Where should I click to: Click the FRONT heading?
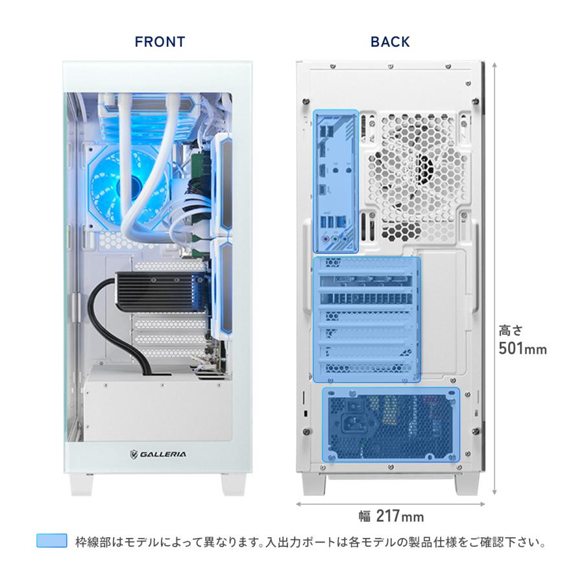pos(160,42)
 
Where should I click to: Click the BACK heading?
pos(390,42)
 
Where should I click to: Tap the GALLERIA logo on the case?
pos(157,454)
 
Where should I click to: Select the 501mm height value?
pos(522,349)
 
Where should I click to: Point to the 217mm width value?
pos(400,517)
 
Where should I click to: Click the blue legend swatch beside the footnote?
pos(52,541)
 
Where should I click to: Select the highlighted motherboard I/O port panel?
pos(335,182)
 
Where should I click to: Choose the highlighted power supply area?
pos(391,424)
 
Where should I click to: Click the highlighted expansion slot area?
pos(367,318)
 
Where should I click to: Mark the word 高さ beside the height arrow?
pos(510,329)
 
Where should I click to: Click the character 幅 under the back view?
pos(365,517)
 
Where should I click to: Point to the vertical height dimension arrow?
pos(495,279)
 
